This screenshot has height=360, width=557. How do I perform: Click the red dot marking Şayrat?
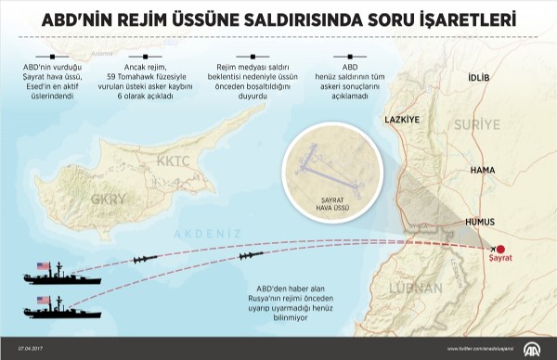(x=499, y=250)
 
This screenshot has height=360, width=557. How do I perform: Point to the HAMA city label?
(x=483, y=171)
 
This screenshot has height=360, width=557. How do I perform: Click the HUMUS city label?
(x=481, y=223)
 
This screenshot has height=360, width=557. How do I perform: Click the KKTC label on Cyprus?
(x=199, y=161)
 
